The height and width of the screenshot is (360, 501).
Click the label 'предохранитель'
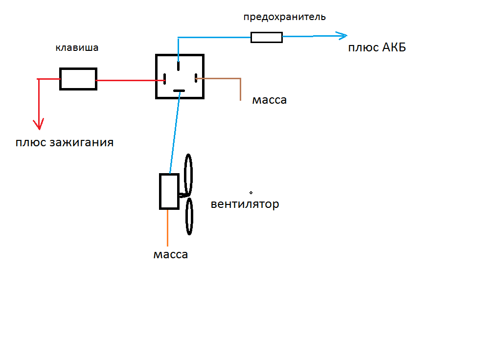click(284, 17)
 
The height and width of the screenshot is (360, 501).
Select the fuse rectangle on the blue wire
click(266, 37)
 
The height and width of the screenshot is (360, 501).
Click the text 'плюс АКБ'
click(377, 48)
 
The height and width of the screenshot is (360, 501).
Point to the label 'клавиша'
click(77, 48)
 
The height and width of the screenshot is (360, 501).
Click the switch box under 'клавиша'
click(78, 79)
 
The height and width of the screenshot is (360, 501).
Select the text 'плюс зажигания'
click(65, 143)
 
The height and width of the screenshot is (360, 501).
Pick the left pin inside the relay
click(165, 78)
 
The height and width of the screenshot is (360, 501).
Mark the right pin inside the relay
click(196, 78)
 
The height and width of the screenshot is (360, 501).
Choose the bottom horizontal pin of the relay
click(180, 91)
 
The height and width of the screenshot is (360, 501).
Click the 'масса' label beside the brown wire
click(270, 100)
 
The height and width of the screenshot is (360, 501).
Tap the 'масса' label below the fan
click(170, 255)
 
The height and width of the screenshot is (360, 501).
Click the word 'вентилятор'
click(245, 204)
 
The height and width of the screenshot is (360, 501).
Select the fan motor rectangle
click(169, 191)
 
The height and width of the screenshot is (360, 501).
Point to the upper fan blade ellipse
click(188, 175)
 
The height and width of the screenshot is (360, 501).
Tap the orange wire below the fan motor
click(168, 227)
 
